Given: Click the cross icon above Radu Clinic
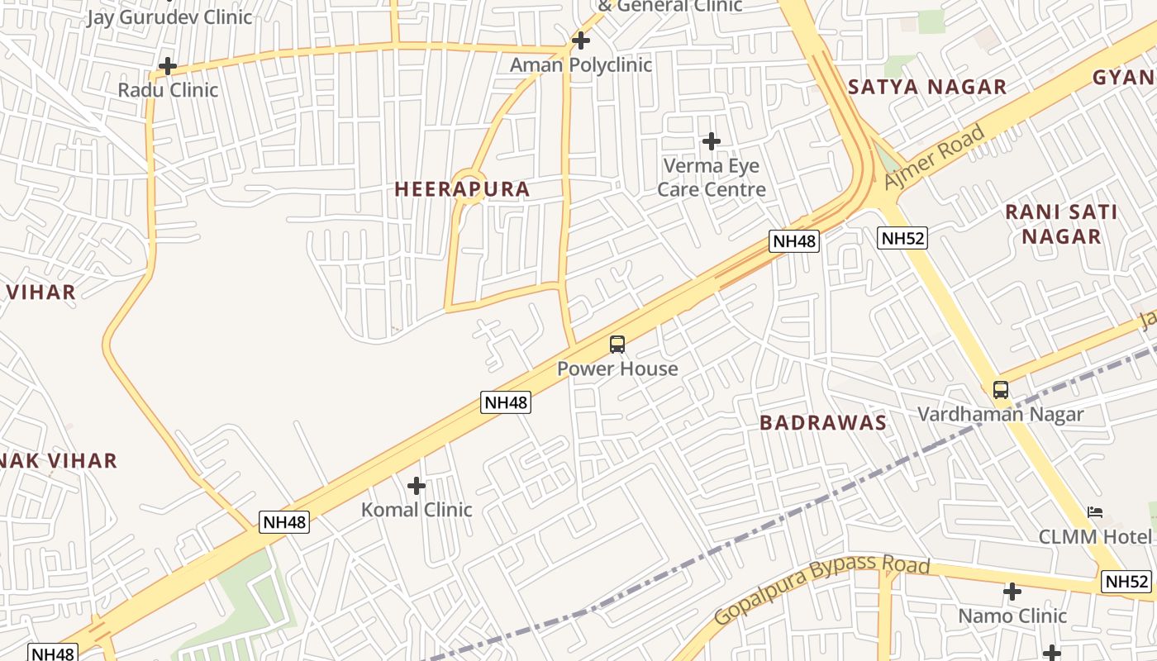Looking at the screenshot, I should pyautogui.click(x=168, y=66).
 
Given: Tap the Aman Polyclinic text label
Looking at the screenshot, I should pyautogui.click(x=580, y=64).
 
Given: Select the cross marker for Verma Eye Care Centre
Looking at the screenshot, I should pyautogui.click(x=711, y=141).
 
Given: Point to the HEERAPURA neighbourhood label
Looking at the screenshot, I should pyautogui.click(x=462, y=189).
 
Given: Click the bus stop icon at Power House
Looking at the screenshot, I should pyautogui.click(x=617, y=345).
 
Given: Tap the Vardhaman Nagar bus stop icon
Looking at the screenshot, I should pyautogui.click(x=1001, y=389).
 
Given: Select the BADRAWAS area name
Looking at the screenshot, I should pyautogui.click(x=822, y=423).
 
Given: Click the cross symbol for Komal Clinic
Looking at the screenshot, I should pyautogui.click(x=417, y=486).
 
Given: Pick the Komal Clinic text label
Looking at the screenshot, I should pyautogui.click(x=417, y=510).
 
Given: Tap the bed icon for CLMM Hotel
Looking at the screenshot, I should pyautogui.click(x=1095, y=512).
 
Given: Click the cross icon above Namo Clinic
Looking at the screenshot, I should pyautogui.click(x=1012, y=592).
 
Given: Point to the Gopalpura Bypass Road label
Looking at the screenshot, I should pyautogui.click(x=821, y=591).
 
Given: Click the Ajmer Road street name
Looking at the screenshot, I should pyautogui.click(x=934, y=157).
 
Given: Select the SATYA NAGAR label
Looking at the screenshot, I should pyautogui.click(x=926, y=87).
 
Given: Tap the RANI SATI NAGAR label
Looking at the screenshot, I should pyautogui.click(x=1061, y=224).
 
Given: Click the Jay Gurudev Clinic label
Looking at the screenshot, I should pyautogui.click(x=169, y=17).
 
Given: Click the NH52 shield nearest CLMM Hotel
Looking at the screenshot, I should pyautogui.click(x=1126, y=582).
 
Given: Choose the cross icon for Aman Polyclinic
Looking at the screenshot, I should pyautogui.click(x=581, y=40).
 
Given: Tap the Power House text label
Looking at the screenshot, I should pyautogui.click(x=617, y=369).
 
